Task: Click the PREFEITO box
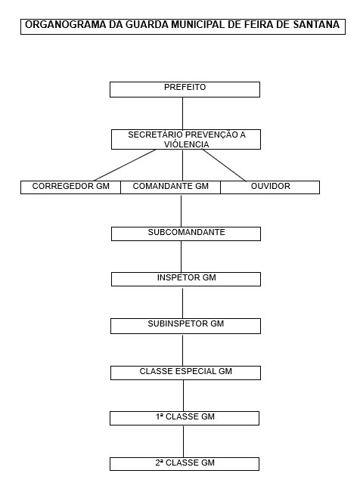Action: point(185,89)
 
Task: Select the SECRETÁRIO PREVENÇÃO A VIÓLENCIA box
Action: point(186,139)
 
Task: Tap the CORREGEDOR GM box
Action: point(70,187)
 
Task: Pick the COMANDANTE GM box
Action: point(171,187)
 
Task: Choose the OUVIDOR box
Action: point(270,187)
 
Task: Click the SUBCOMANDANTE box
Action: point(186,234)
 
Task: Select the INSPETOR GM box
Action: point(186,279)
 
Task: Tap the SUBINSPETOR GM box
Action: point(185,326)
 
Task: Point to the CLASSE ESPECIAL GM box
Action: point(185,373)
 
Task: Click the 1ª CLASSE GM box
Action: point(185,418)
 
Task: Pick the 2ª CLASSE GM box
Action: point(185,464)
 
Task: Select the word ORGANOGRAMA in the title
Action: point(66,24)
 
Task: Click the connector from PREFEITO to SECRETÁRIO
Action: point(182,113)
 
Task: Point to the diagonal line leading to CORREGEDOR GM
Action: point(125,165)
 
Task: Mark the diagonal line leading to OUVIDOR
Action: point(225,166)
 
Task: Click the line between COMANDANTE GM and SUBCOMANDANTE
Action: point(181,211)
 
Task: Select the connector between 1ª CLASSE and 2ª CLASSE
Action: point(184,441)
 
